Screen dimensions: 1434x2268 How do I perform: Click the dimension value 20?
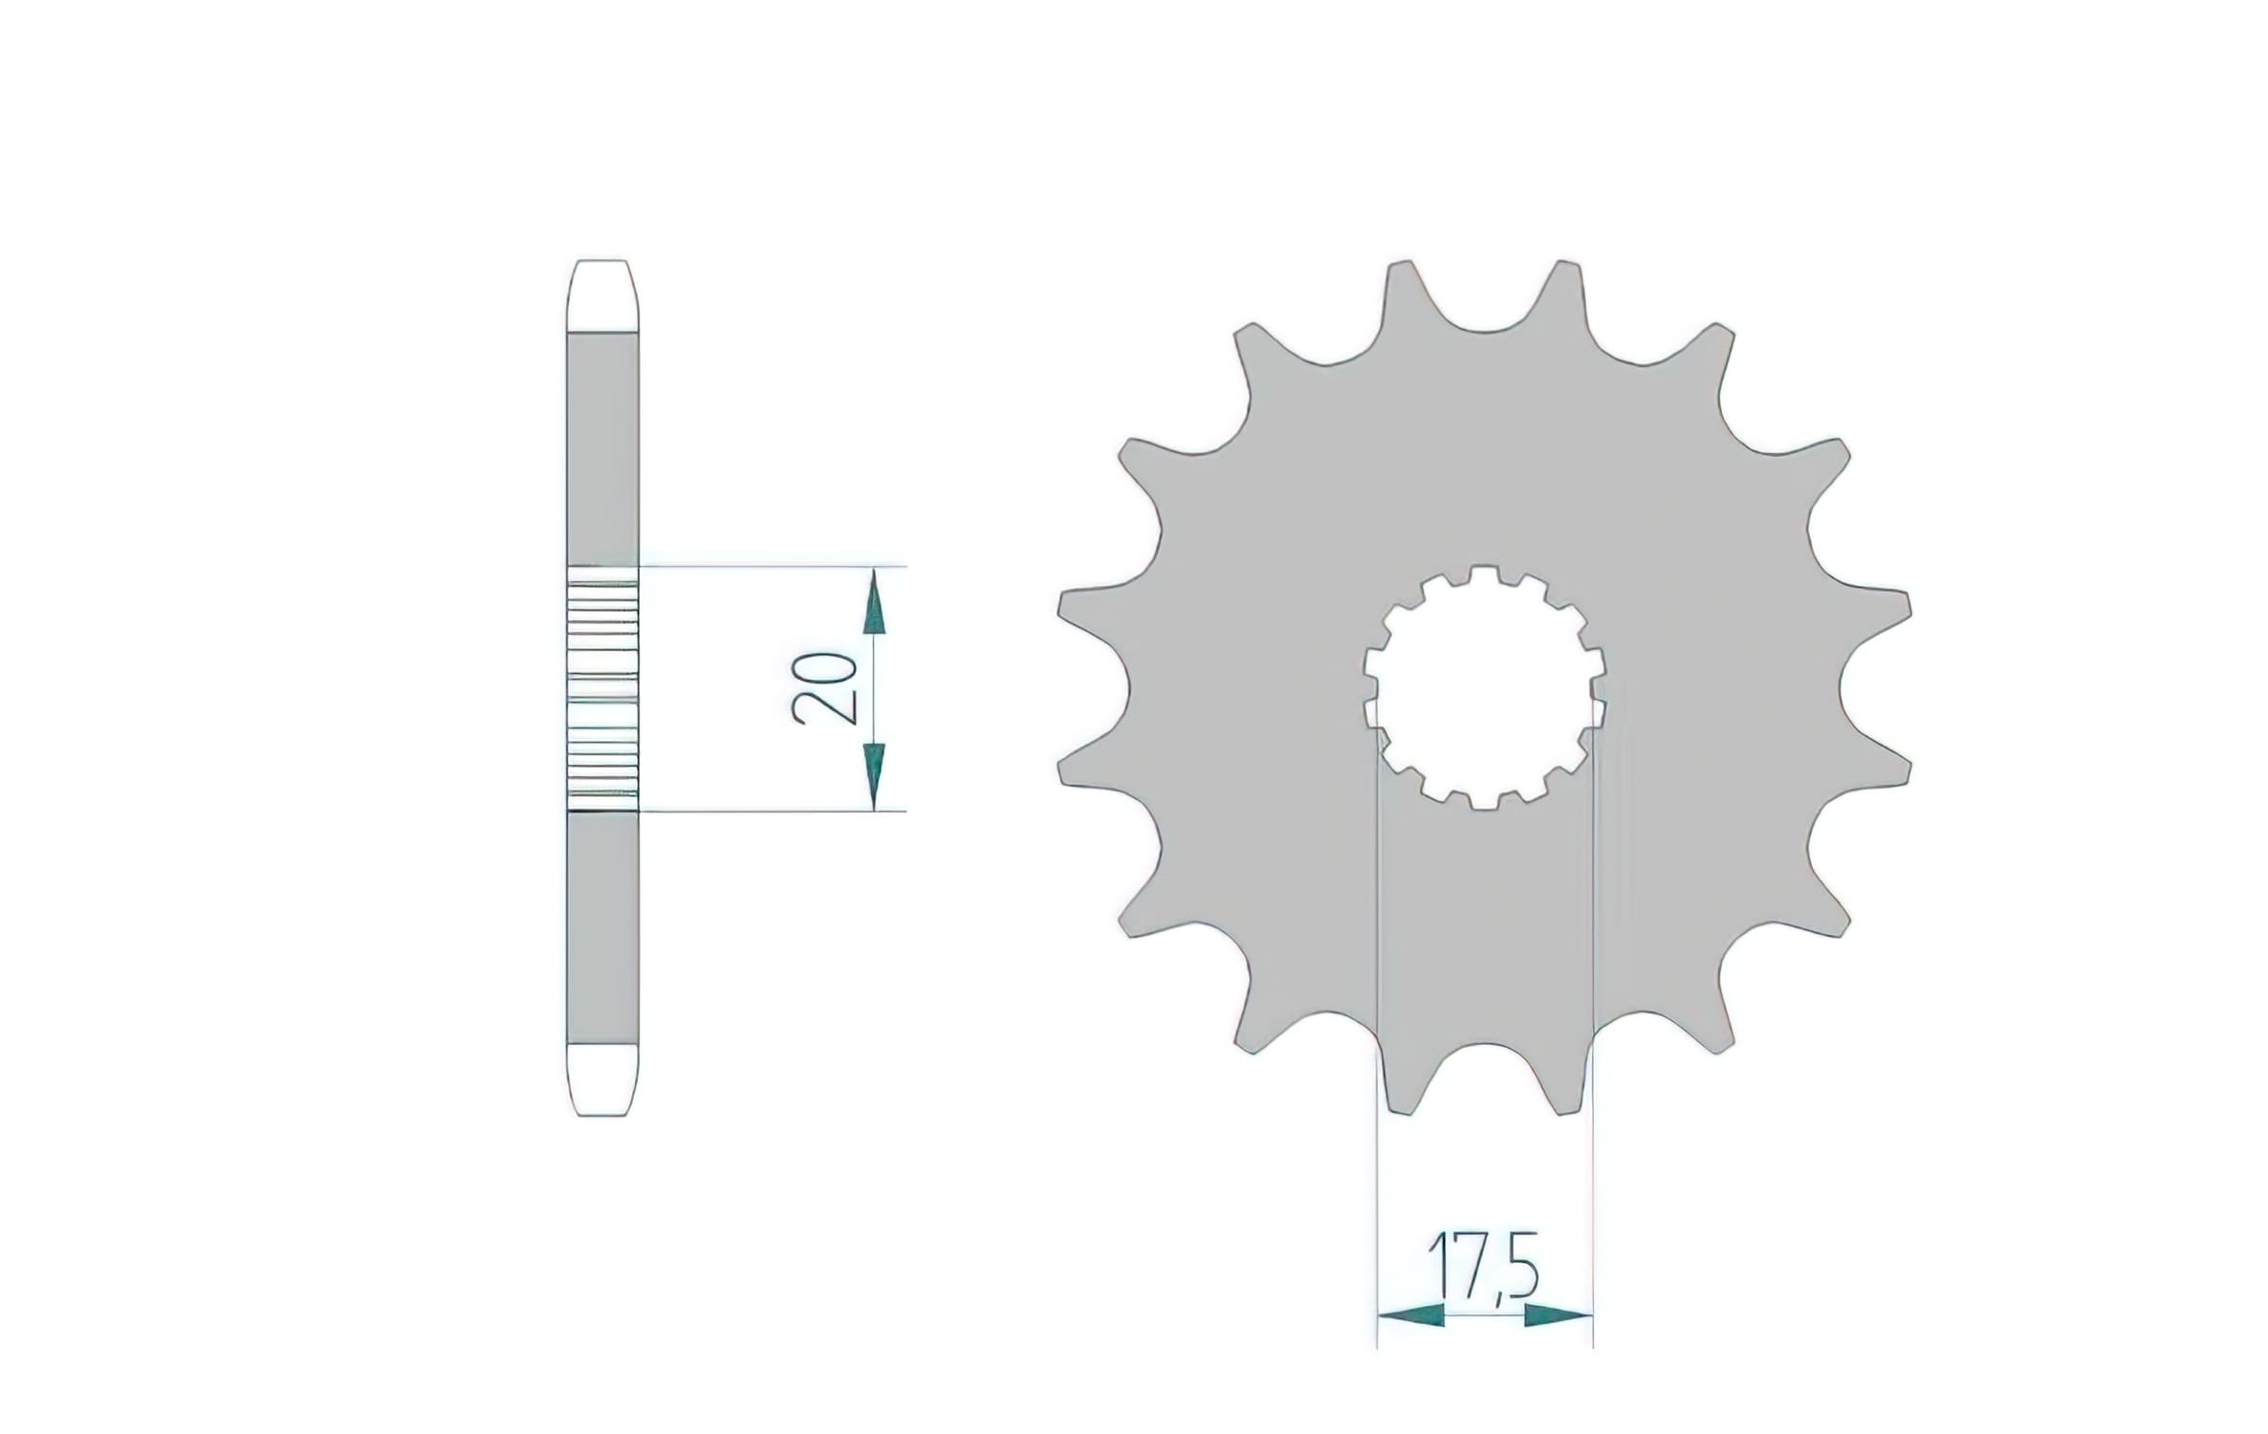[x=823, y=687]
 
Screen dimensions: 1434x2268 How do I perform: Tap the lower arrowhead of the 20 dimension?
[x=874, y=772]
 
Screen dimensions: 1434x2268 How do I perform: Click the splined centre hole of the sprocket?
[x=1484, y=688]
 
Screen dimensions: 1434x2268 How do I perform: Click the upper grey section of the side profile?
[x=602, y=449]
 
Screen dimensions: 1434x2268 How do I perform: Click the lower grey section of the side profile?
[x=602, y=927]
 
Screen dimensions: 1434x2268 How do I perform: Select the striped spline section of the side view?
[x=602, y=688]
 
